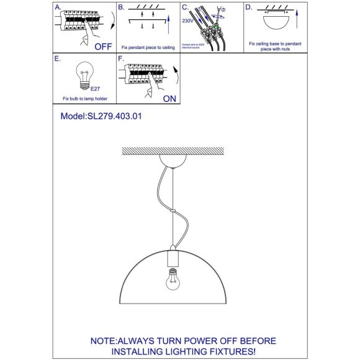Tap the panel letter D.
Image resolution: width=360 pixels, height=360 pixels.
[248, 7]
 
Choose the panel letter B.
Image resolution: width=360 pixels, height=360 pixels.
[122, 7]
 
